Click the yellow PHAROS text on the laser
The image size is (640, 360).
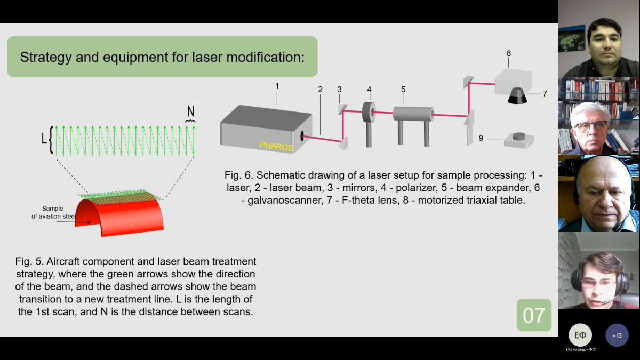point(276,146)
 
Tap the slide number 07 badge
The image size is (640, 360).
point(534,315)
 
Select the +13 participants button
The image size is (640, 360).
point(617,335)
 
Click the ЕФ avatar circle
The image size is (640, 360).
point(580,335)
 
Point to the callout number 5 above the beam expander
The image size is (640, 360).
point(403,89)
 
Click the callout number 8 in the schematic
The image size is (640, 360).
point(509,53)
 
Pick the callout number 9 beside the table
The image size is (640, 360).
point(481,138)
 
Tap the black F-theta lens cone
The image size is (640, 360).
point(517,96)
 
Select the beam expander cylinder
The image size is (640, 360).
point(412,114)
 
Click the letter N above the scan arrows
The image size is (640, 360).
point(190,111)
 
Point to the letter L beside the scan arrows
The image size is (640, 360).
point(44,139)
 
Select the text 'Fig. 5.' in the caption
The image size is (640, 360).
point(30,262)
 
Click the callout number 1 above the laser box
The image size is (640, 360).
point(277,85)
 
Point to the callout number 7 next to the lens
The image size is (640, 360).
point(545,94)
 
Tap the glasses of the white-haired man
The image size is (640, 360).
point(590,126)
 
